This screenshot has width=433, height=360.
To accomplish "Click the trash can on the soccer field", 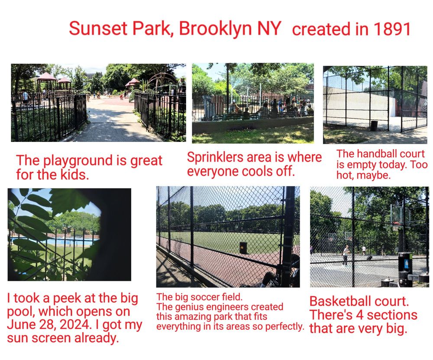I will (243, 248).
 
